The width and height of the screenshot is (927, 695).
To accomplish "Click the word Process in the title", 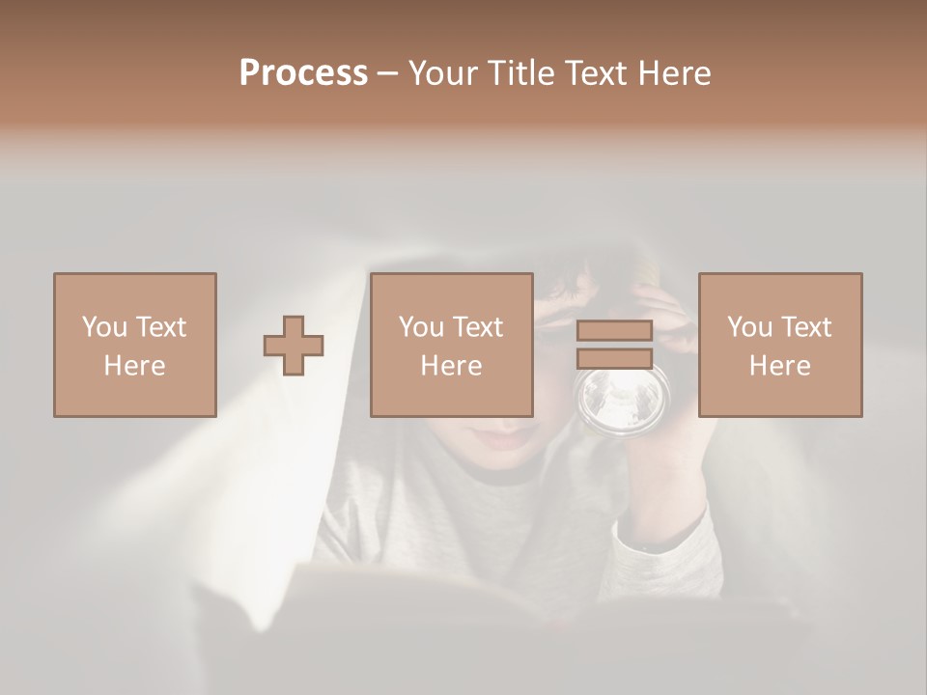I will [x=303, y=73].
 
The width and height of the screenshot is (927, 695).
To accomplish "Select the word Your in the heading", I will [x=440, y=73].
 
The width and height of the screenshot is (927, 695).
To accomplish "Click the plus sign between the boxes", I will [x=295, y=345].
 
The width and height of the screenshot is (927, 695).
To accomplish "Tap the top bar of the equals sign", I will [x=614, y=331].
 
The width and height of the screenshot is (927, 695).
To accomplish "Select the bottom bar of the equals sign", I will [x=614, y=358].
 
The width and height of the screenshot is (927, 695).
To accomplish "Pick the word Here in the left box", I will [x=134, y=366].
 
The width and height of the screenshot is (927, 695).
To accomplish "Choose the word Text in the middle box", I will [x=478, y=326].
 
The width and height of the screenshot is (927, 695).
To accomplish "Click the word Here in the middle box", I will [x=451, y=366].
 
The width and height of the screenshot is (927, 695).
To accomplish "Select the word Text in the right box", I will [x=806, y=326].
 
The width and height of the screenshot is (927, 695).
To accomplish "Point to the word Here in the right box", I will [x=779, y=366].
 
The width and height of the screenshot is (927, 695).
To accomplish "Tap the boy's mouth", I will [x=509, y=439].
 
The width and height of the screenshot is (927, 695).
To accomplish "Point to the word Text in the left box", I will [x=160, y=326].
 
